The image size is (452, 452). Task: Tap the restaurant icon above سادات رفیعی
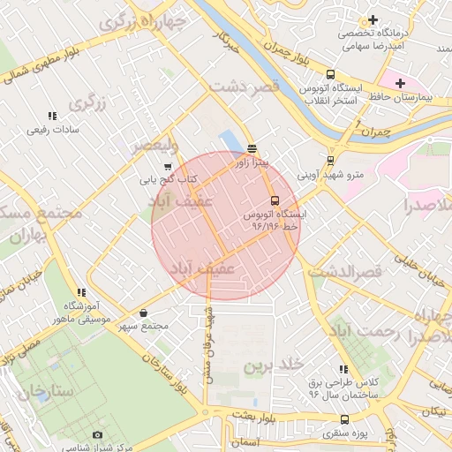click(52, 116)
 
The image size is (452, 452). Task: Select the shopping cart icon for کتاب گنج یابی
click(168, 166)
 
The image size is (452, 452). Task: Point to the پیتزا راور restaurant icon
click(252, 148)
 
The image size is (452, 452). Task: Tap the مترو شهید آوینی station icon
click(330, 161)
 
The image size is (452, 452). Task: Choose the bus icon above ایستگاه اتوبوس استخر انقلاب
click(330, 75)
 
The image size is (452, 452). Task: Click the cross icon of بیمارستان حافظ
click(401, 82)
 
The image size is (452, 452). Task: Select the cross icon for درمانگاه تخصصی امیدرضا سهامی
click(373, 19)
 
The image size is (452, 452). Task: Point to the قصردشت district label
click(245, 85)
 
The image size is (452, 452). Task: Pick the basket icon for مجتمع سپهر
click(144, 312)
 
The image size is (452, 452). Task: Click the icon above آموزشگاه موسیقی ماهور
click(81, 292)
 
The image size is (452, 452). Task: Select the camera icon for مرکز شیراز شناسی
click(97, 434)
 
